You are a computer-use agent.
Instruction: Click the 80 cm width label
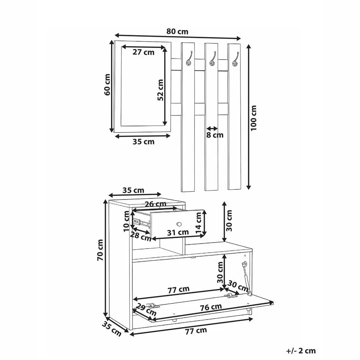tap(177, 31)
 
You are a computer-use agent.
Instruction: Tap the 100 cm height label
tap(253, 118)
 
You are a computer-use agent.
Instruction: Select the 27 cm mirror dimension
tap(144, 52)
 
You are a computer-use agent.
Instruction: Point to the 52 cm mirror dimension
tap(160, 90)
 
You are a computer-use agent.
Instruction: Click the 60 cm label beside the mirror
tap(107, 85)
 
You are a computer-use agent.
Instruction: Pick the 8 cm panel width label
tap(214, 135)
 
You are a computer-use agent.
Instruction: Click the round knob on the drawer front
tap(179, 224)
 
